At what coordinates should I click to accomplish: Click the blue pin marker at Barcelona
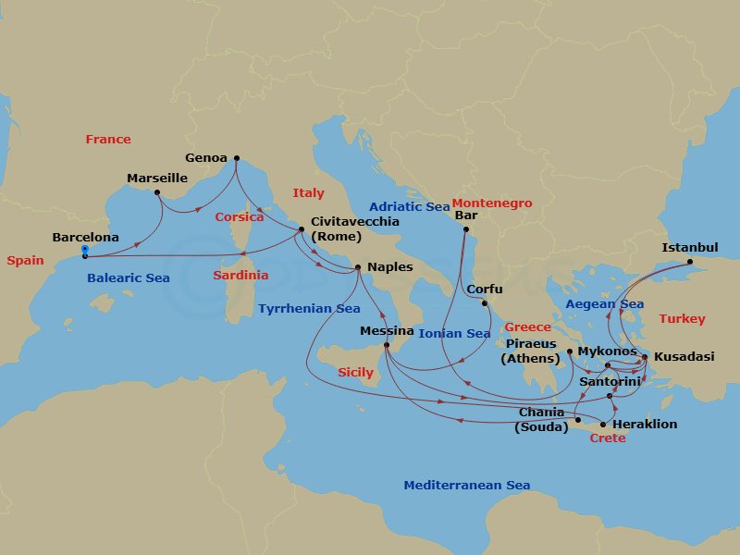click(84, 251)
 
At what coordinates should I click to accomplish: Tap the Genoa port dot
click(236, 158)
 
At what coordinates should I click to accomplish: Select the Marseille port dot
click(157, 192)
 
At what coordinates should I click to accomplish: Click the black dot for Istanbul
click(689, 262)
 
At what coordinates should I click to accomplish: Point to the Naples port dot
click(358, 268)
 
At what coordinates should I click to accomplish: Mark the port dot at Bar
click(466, 229)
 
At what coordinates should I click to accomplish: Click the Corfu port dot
click(484, 302)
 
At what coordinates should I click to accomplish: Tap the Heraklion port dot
click(603, 425)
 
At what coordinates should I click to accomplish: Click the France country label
click(108, 140)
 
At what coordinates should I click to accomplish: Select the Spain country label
click(25, 261)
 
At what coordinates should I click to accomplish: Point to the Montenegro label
click(493, 203)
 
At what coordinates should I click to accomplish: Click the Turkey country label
click(682, 319)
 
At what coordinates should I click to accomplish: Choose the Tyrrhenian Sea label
click(309, 309)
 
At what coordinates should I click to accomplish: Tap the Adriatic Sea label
click(409, 207)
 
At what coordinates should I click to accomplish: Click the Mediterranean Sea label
click(466, 486)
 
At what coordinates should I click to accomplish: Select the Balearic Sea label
click(128, 278)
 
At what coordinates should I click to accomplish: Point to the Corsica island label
click(240, 217)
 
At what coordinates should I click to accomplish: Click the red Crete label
click(607, 438)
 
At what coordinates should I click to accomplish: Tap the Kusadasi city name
click(684, 357)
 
